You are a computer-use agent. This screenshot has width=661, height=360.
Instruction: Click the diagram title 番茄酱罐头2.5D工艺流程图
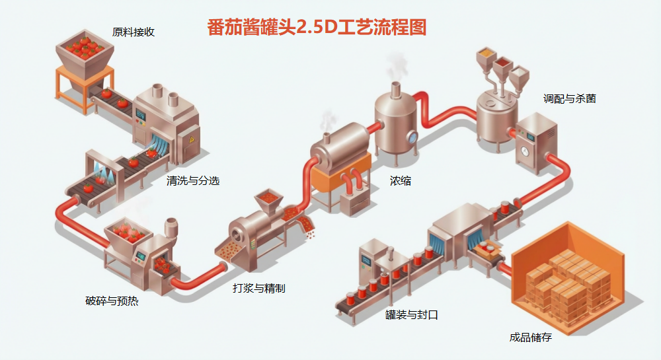pyautogui.click(x=317, y=27)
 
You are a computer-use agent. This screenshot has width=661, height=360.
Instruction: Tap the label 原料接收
pyautogui.click(x=134, y=32)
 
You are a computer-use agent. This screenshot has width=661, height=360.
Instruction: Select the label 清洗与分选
pyautogui.click(x=193, y=180)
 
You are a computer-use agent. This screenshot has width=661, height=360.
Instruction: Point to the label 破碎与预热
pyautogui.click(x=112, y=301)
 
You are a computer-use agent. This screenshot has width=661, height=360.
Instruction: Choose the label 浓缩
pyautogui.click(x=400, y=180)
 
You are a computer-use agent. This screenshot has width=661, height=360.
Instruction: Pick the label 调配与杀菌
pyautogui.click(x=569, y=98)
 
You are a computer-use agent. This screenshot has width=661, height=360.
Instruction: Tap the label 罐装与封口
pyautogui.click(x=411, y=315)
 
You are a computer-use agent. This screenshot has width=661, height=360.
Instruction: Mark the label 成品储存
pyautogui.click(x=530, y=337)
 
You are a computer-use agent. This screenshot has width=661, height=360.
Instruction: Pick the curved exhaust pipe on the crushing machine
pyautogui.click(x=171, y=227)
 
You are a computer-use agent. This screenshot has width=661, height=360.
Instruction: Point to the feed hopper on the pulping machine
pyautogui.click(x=268, y=198)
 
